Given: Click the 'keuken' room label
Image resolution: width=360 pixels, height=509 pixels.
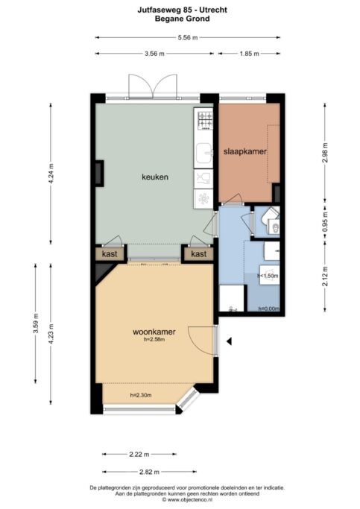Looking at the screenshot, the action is (x=155, y=177).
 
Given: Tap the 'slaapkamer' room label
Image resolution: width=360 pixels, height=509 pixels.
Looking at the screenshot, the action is (x=245, y=151).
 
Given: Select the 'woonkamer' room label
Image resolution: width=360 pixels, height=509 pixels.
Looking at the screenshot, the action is (x=154, y=332).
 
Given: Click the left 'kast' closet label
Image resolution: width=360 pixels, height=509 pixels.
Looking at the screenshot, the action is (x=110, y=254).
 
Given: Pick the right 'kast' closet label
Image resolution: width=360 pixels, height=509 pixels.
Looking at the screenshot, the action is (x=199, y=254).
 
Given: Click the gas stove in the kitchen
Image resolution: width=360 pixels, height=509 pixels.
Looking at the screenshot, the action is (x=205, y=120).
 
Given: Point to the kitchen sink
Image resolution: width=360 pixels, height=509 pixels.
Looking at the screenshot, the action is (x=205, y=154).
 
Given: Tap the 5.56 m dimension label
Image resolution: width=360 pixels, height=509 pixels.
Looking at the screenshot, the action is (x=188, y=38).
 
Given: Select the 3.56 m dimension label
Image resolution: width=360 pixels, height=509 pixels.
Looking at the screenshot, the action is (x=154, y=54).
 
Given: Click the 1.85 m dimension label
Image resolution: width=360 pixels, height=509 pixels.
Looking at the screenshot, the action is (x=249, y=54).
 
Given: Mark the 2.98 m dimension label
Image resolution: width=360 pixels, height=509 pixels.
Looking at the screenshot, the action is (x=325, y=153).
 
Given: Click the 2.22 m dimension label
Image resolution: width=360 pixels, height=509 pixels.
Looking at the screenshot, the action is (x=139, y=454).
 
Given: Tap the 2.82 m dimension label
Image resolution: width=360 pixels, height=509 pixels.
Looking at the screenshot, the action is (x=149, y=472).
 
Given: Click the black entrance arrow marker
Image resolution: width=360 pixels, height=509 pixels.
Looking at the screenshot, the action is (x=229, y=341).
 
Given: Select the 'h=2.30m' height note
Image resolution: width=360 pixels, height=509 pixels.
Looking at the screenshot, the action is (x=141, y=396).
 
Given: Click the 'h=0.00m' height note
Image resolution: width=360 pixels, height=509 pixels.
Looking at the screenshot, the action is (x=269, y=309).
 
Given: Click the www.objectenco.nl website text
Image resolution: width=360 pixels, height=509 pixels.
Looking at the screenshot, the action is (x=189, y=499).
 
